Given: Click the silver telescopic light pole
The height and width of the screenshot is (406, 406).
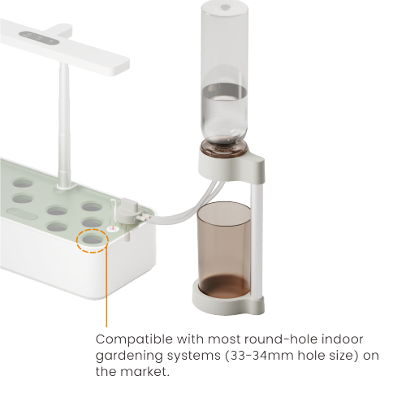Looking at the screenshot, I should pos(62,122).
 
